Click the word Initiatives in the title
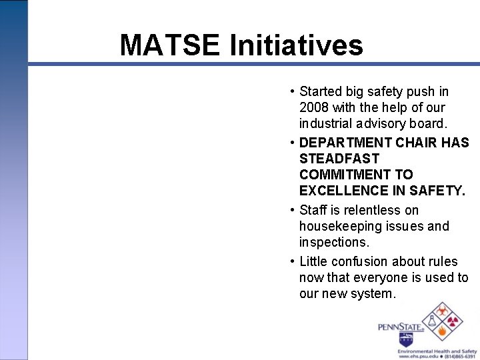point(296,45)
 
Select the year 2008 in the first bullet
point(314,107)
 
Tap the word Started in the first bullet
point(321,91)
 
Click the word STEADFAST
point(339,159)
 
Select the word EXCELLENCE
point(341,191)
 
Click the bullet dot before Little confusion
point(293,261)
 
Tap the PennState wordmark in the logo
point(401,327)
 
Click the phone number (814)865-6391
point(460,356)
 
